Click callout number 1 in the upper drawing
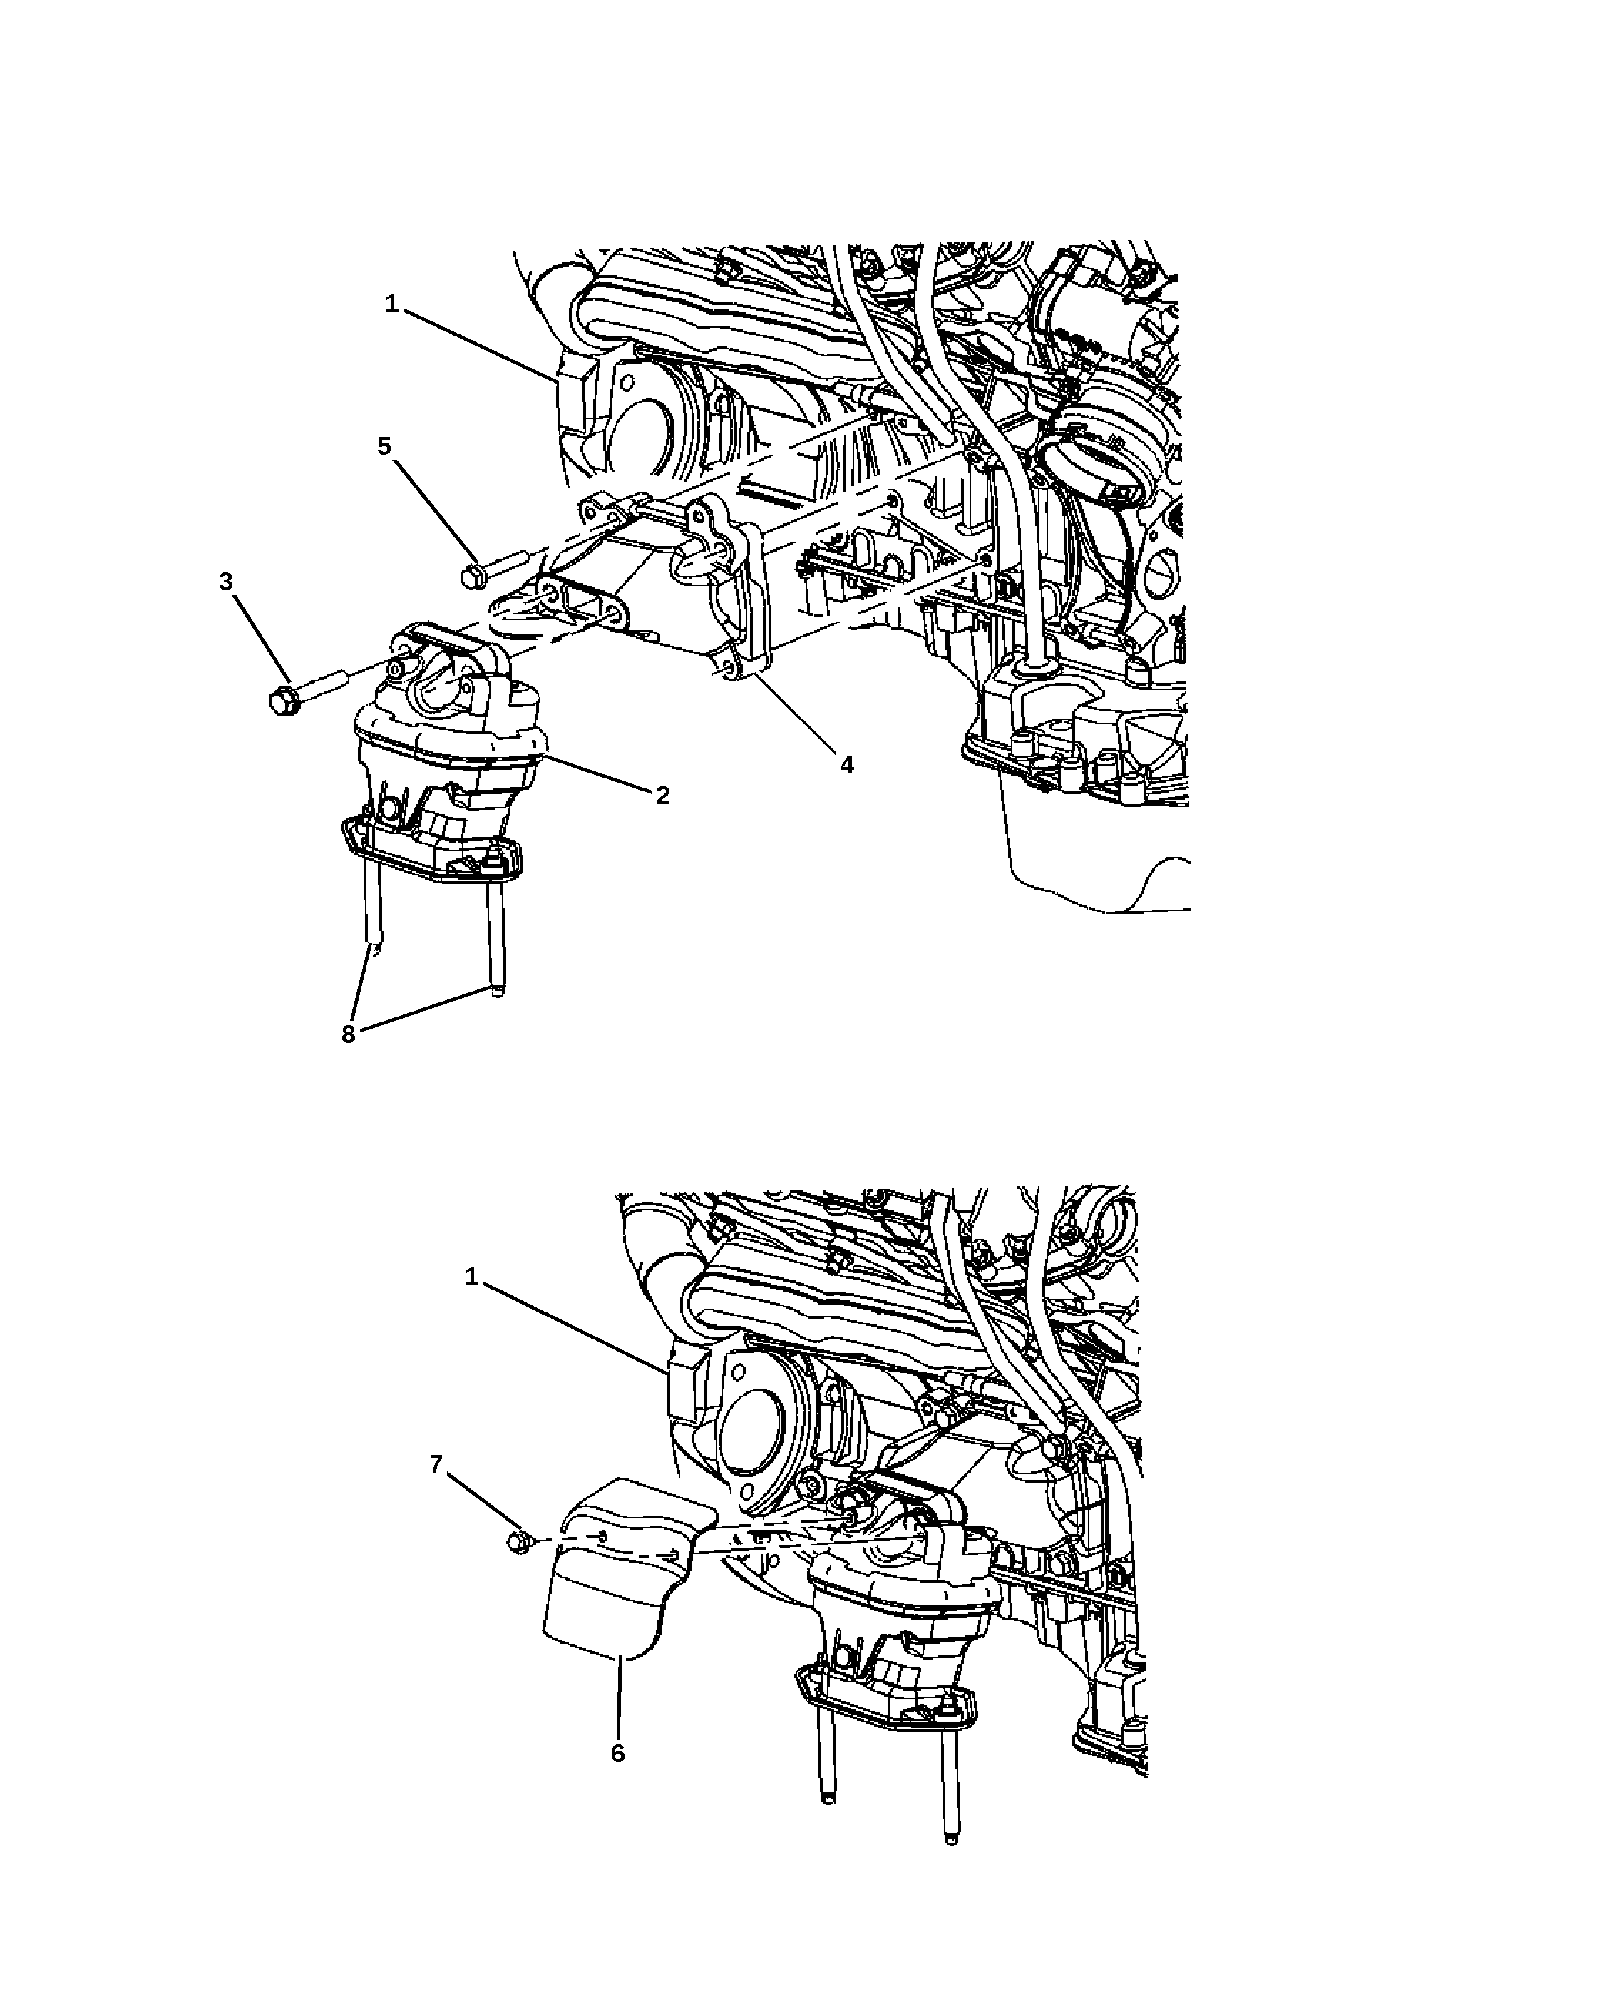point(391,304)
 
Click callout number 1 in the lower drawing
point(471,1277)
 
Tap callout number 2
point(662,796)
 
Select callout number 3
point(226,582)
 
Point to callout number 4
point(846,765)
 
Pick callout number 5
point(384,446)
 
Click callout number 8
point(348,1034)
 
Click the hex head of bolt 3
point(282,700)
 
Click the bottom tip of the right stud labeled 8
point(498,994)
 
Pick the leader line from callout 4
point(794,713)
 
